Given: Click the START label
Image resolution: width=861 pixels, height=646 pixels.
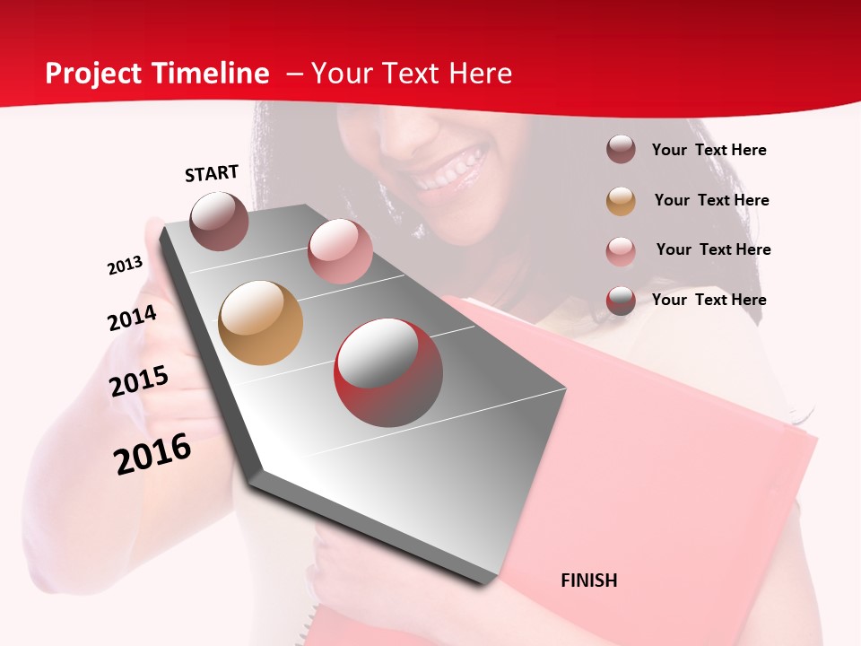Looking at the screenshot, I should pos(212,173).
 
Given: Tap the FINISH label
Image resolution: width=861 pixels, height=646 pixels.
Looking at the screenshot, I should pos(589,581).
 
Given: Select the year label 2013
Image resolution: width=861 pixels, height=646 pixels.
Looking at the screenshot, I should pos(125,266).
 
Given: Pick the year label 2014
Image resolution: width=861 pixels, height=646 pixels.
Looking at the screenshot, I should pos(132,319).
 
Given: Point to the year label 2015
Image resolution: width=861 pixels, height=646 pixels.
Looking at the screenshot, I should pos(139,381).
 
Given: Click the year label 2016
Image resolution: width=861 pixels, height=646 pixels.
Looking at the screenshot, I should pos(152,454).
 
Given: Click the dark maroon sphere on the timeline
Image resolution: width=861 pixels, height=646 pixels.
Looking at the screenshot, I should pos(219,221).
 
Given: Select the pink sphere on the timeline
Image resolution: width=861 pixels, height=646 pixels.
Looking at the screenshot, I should pos(340,251).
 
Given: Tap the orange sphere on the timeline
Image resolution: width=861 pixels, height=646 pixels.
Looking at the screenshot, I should pos(260,323).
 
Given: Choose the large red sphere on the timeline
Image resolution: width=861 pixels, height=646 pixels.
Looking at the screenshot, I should pos(388,372).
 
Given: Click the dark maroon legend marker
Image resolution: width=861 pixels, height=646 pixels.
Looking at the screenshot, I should pos(621,149).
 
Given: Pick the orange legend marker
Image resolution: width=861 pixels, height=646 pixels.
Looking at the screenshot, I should pos(621,201).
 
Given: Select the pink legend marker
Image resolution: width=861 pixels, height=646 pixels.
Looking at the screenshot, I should pos(621,251).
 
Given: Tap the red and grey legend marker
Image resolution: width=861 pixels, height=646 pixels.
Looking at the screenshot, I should pos(621,301).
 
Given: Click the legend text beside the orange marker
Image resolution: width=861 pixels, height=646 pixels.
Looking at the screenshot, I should pos(711,200).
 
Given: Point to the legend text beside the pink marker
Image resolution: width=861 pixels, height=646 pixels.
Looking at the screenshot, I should pos(713,249).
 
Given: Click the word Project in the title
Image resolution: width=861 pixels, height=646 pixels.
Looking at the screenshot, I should pos(92,74).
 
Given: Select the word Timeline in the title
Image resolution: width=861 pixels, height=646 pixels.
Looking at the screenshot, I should pos(213,74).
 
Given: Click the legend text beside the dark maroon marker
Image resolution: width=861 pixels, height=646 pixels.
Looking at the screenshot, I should pos(709,150).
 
